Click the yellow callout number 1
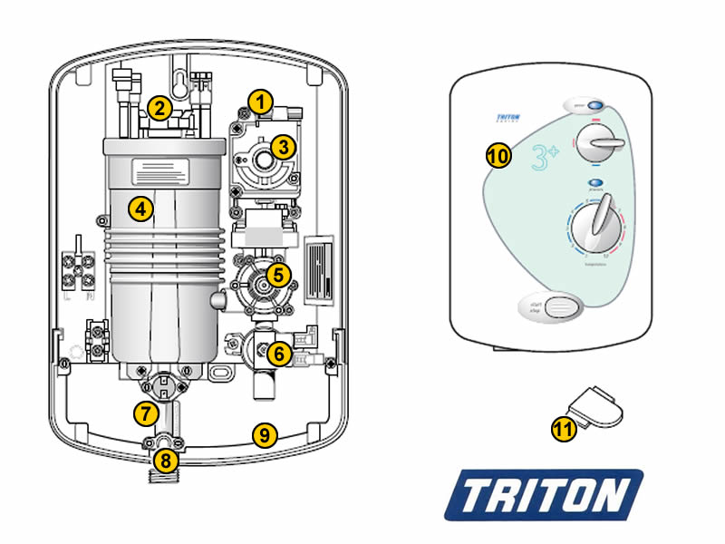(261, 102)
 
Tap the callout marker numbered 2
(159, 109)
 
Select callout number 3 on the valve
(284, 146)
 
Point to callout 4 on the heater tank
(139, 209)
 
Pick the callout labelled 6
(279, 354)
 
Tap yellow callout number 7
(145, 413)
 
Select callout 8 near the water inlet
(164, 460)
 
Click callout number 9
(264, 435)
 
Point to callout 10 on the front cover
(498, 155)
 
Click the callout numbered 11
(565, 429)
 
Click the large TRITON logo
(544, 495)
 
